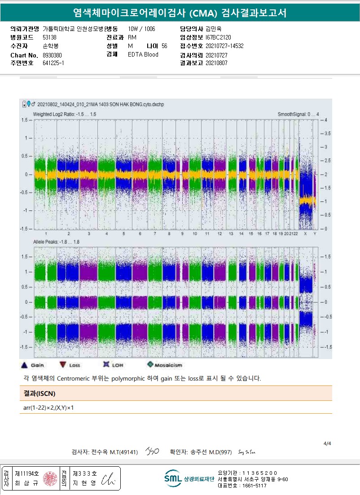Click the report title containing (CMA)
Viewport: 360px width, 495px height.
click(180, 12)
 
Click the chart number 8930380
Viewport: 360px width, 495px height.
click(53, 55)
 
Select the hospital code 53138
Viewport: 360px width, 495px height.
click(49, 37)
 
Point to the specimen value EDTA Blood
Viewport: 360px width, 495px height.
click(143, 55)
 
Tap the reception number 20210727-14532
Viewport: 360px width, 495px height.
click(224, 46)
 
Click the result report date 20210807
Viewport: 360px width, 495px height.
click(216, 63)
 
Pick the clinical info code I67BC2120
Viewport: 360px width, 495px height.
click(218, 37)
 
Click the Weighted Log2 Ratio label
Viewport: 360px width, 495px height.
click(65, 114)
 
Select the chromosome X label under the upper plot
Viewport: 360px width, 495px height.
click(305, 234)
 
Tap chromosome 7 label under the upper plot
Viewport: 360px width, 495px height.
click(154, 234)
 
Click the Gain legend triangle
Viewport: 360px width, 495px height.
click(25, 365)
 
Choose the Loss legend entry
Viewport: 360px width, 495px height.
click(63, 365)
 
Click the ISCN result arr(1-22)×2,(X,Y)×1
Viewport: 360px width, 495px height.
click(48, 407)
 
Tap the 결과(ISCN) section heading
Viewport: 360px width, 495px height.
click(40, 393)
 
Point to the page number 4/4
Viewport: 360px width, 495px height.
click(327, 443)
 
